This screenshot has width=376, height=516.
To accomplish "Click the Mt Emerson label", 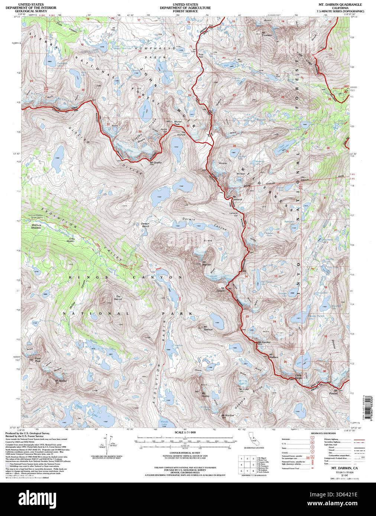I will (267, 34).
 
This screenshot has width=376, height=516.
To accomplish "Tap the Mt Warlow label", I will (228, 415).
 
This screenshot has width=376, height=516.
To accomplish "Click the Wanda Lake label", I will (165, 424).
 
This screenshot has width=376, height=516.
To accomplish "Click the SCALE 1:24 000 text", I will (185, 433).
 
